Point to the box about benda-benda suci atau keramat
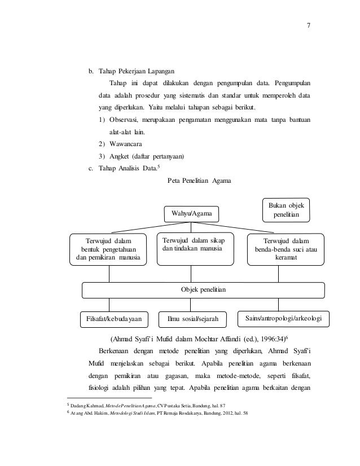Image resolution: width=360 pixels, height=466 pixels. pyautogui.click(x=286, y=249)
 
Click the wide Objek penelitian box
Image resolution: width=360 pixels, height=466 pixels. pyautogui.click(x=203, y=289)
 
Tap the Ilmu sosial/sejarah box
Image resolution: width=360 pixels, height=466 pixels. pyautogui.click(x=193, y=319)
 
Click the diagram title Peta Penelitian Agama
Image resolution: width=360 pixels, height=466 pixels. pyautogui.click(x=200, y=181)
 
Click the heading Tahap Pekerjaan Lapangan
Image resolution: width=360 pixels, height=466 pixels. pyautogui.click(x=136, y=72)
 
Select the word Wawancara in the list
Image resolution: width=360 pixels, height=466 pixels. pyautogui.click(x=125, y=144)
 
